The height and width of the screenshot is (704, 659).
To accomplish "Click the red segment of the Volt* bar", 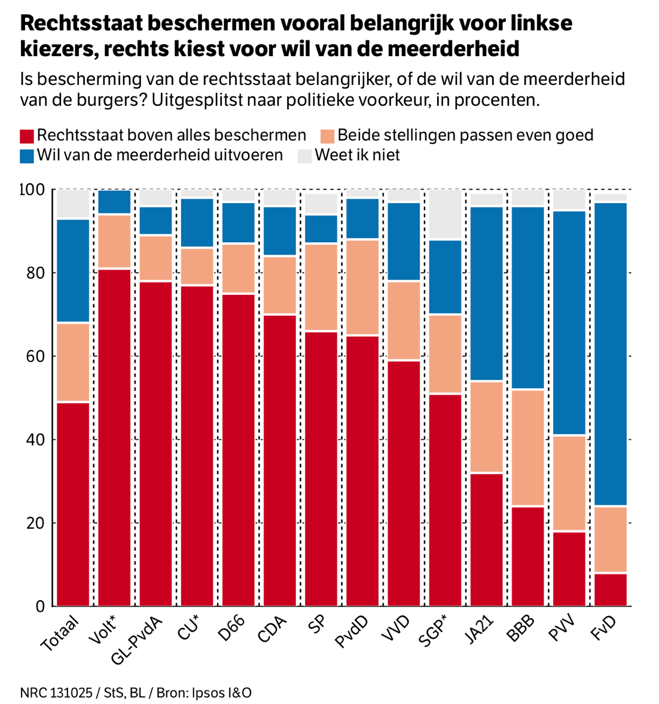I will click(x=114, y=437).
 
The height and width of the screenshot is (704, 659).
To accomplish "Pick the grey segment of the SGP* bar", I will click(x=445, y=214).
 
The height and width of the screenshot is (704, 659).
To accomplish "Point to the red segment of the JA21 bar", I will click(x=486, y=539).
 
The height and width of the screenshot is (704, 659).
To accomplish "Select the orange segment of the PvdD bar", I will click(x=362, y=287).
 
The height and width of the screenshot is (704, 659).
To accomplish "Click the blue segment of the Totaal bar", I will click(x=73, y=271).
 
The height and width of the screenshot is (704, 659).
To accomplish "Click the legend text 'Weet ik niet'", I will click(x=357, y=156).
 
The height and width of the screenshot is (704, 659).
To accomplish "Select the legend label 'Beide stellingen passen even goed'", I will click(x=465, y=135).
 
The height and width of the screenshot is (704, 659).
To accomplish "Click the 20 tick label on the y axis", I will click(x=36, y=523).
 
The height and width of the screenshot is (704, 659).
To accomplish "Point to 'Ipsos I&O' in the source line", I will click(x=221, y=693).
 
